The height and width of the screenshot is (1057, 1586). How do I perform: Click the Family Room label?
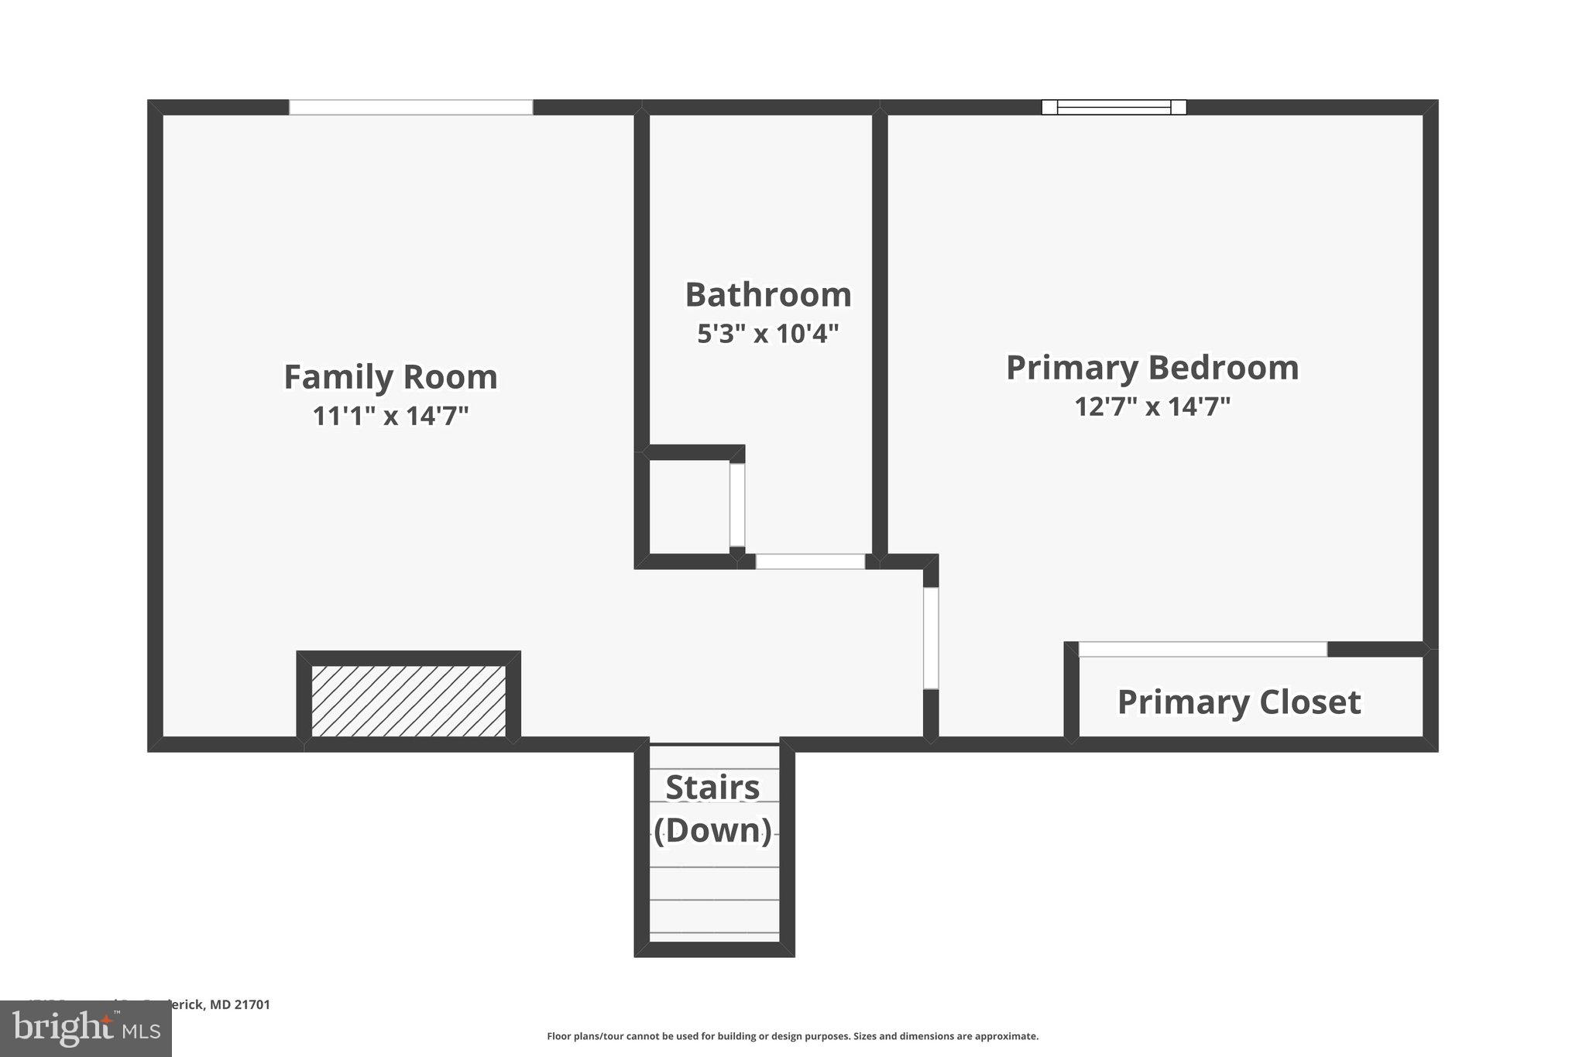tap(390, 377)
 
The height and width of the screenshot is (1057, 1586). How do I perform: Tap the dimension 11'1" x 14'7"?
tap(390, 417)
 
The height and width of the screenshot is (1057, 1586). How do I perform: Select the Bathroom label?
tap(767, 295)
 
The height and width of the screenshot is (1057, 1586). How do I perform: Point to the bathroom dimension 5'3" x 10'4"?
tap(767, 335)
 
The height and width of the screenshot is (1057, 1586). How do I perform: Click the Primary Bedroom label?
tap(1152, 367)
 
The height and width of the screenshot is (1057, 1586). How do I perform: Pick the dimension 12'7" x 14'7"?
tap(1152, 407)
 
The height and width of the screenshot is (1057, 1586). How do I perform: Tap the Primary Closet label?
tap(1238, 702)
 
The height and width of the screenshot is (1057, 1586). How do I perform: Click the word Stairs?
tap(712, 788)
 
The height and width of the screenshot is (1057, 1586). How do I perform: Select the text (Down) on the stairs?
tap(712, 831)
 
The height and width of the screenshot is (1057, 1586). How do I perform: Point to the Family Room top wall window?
tap(410, 108)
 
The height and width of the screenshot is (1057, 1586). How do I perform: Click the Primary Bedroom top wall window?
tap(1114, 108)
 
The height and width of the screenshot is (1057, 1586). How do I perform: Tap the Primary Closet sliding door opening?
tap(1202, 650)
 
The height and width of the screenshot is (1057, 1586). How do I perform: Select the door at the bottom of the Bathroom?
tap(809, 561)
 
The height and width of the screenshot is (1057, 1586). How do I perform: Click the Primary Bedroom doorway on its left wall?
tap(931, 638)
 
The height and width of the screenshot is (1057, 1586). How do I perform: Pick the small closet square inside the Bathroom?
tap(688, 506)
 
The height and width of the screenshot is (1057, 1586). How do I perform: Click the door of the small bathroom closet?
tap(737, 505)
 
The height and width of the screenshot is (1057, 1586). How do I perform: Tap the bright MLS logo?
tap(85, 1028)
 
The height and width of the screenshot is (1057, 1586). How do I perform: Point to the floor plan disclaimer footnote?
tap(792, 1036)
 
